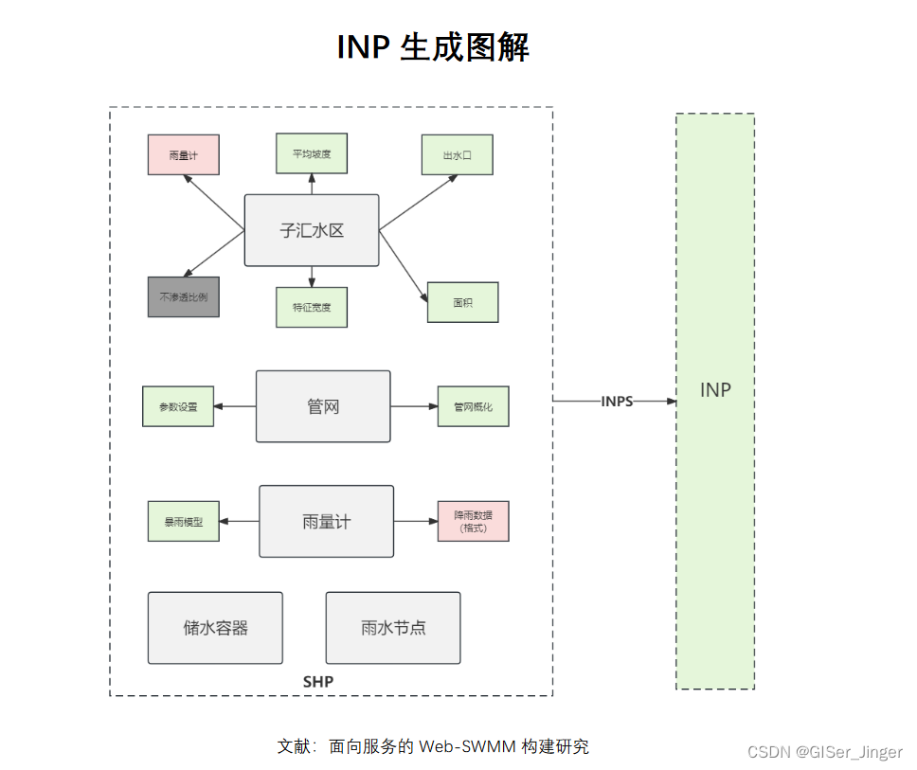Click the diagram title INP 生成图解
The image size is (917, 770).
[x=433, y=46]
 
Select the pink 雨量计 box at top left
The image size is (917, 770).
[x=183, y=154]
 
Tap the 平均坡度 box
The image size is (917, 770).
[x=311, y=153]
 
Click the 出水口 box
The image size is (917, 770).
[x=458, y=154]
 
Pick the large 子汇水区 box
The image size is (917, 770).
[x=311, y=230]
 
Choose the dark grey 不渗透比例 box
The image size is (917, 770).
[x=183, y=296]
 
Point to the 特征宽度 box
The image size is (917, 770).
[x=311, y=307]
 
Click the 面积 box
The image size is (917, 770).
[x=462, y=302]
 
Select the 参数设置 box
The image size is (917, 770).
[x=178, y=406]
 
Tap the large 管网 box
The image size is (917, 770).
[x=323, y=406]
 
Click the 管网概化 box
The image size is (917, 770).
[x=473, y=406]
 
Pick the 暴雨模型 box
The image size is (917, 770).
[x=183, y=521]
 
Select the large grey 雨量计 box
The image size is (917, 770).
[x=326, y=521]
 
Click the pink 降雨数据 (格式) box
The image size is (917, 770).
[x=473, y=521]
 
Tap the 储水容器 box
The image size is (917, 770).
[x=215, y=627]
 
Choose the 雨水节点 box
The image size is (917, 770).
[x=392, y=627]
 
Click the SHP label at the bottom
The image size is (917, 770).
[x=318, y=682]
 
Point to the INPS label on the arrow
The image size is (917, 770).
[x=617, y=402]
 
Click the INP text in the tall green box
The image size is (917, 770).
[x=714, y=390]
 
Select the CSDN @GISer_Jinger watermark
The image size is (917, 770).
[x=824, y=752]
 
